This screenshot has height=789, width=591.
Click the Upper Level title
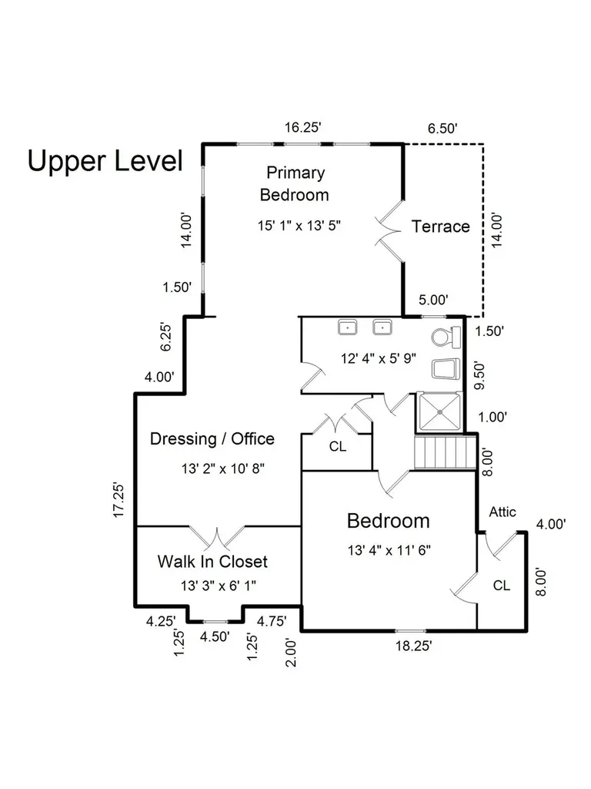tap(105, 161)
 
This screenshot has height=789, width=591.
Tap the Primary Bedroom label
tap(295, 183)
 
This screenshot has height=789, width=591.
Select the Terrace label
tap(441, 227)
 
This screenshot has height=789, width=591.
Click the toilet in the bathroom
tap(446, 337)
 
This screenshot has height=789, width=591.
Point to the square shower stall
tap(439, 412)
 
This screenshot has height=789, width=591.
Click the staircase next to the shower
tap(445, 452)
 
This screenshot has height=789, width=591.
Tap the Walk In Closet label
tap(212, 562)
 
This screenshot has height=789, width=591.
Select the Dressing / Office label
tap(212, 438)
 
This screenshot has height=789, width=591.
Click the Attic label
tap(503, 512)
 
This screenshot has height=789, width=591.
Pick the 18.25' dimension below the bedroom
tap(413, 646)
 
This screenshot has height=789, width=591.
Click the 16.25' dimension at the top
tap(302, 127)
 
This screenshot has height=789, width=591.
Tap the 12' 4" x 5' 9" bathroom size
tap(379, 358)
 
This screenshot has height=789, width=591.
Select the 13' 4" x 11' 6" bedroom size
tap(389, 550)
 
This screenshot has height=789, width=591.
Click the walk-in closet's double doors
tap(217, 537)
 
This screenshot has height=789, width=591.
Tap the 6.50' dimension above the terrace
tap(442, 129)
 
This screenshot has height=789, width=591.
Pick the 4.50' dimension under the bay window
tap(215, 636)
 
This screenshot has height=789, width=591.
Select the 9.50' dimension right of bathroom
tap(480, 375)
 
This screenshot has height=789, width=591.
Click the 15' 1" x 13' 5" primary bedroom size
tap(299, 226)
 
